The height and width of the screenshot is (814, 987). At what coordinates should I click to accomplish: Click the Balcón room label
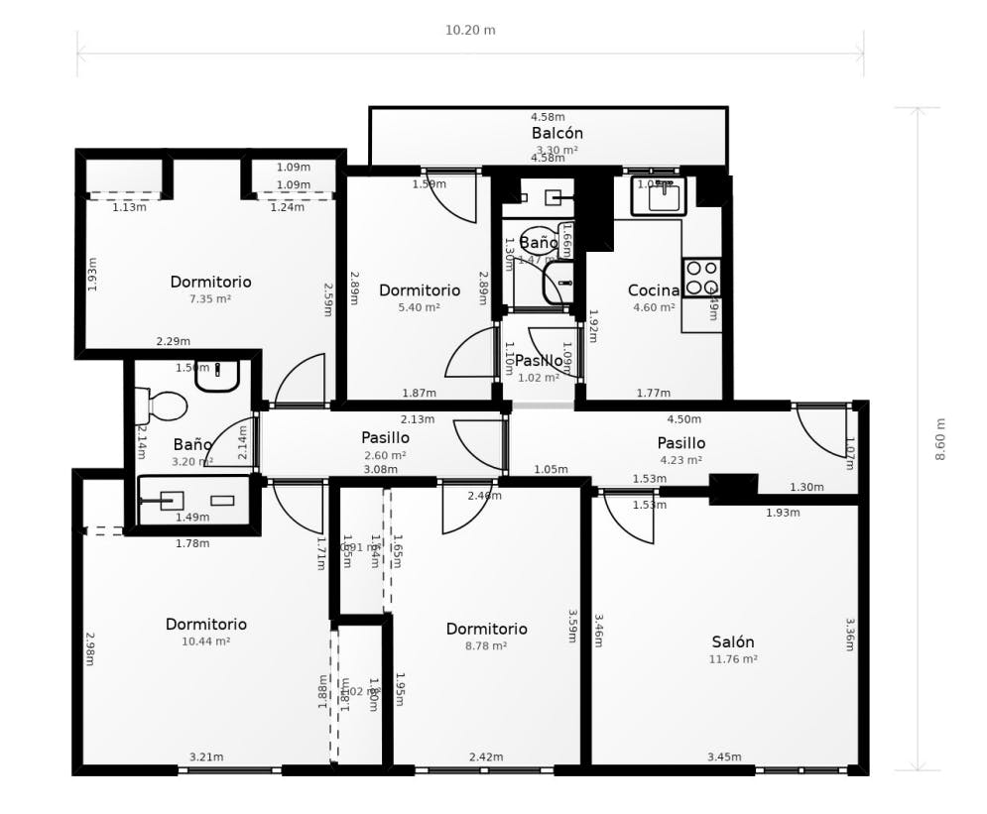556,133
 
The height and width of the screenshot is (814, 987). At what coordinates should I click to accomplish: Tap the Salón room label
732,641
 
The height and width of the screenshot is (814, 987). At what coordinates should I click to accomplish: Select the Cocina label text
654,291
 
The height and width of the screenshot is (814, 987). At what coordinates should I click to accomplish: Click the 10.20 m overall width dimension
470,30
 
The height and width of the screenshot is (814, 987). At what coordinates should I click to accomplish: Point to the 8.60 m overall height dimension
940,438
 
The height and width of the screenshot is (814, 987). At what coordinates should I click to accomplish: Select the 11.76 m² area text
733,659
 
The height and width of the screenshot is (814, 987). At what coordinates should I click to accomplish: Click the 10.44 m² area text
205,642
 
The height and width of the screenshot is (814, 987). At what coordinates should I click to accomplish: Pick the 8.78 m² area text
486,646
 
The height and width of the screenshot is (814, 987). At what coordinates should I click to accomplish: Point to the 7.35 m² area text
210,298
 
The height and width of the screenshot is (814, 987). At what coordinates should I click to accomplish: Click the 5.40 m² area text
420,307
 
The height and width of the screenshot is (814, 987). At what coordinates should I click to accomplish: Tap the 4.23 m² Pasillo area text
681,460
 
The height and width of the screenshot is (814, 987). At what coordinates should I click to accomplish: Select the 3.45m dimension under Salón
724,757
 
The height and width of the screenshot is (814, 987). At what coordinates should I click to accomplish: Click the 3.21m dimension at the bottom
206,757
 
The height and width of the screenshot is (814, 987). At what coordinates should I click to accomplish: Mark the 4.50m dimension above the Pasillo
683,419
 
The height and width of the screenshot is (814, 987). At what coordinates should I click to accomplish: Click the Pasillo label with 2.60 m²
385,437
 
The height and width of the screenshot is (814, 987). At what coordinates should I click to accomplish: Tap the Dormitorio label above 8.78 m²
486,629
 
